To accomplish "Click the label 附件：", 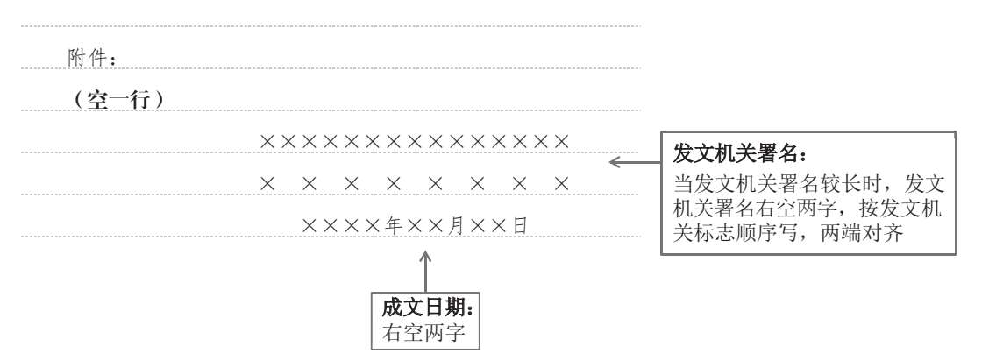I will [x=92, y=59].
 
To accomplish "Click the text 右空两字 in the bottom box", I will [x=423, y=333].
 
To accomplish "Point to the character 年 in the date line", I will [x=393, y=226].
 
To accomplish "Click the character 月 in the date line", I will [x=456, y=226].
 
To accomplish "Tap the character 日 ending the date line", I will [x=519, y=226].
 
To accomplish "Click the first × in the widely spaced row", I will [x=268, y=184].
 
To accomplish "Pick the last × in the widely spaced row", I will [x=562, y=184].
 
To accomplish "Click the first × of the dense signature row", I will [x=268, y=141].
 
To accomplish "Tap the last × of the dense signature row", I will [x=562, y=141].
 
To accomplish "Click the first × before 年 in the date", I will [x=310, y=226].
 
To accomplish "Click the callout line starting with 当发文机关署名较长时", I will [x=807, y=185].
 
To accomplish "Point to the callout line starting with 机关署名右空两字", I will [x=807, y=209].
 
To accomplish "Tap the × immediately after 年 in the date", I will [x=414, y=226].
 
